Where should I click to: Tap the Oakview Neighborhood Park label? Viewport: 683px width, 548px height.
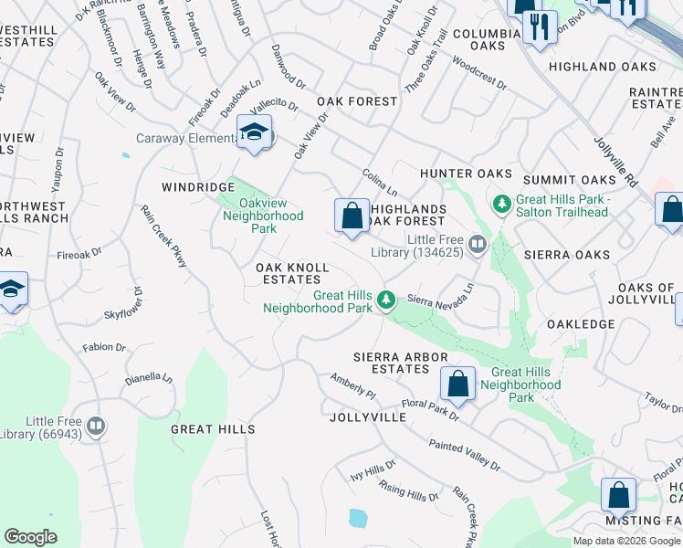263,216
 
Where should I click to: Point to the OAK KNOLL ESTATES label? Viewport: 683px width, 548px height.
291,273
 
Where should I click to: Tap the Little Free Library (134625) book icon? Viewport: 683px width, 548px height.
477,244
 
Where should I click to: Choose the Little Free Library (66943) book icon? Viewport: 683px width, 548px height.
95,426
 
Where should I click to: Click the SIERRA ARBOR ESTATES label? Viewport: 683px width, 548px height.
391,362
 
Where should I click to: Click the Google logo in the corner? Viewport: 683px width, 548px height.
31,537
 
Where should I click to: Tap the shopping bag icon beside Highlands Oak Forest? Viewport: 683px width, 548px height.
352,217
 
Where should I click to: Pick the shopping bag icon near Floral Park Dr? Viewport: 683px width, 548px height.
457,385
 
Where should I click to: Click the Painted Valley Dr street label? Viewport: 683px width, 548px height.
465,455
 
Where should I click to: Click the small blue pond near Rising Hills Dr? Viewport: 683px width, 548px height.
358,519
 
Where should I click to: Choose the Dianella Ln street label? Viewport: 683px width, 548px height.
149,377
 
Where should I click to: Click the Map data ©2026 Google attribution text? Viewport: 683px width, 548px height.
626,541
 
